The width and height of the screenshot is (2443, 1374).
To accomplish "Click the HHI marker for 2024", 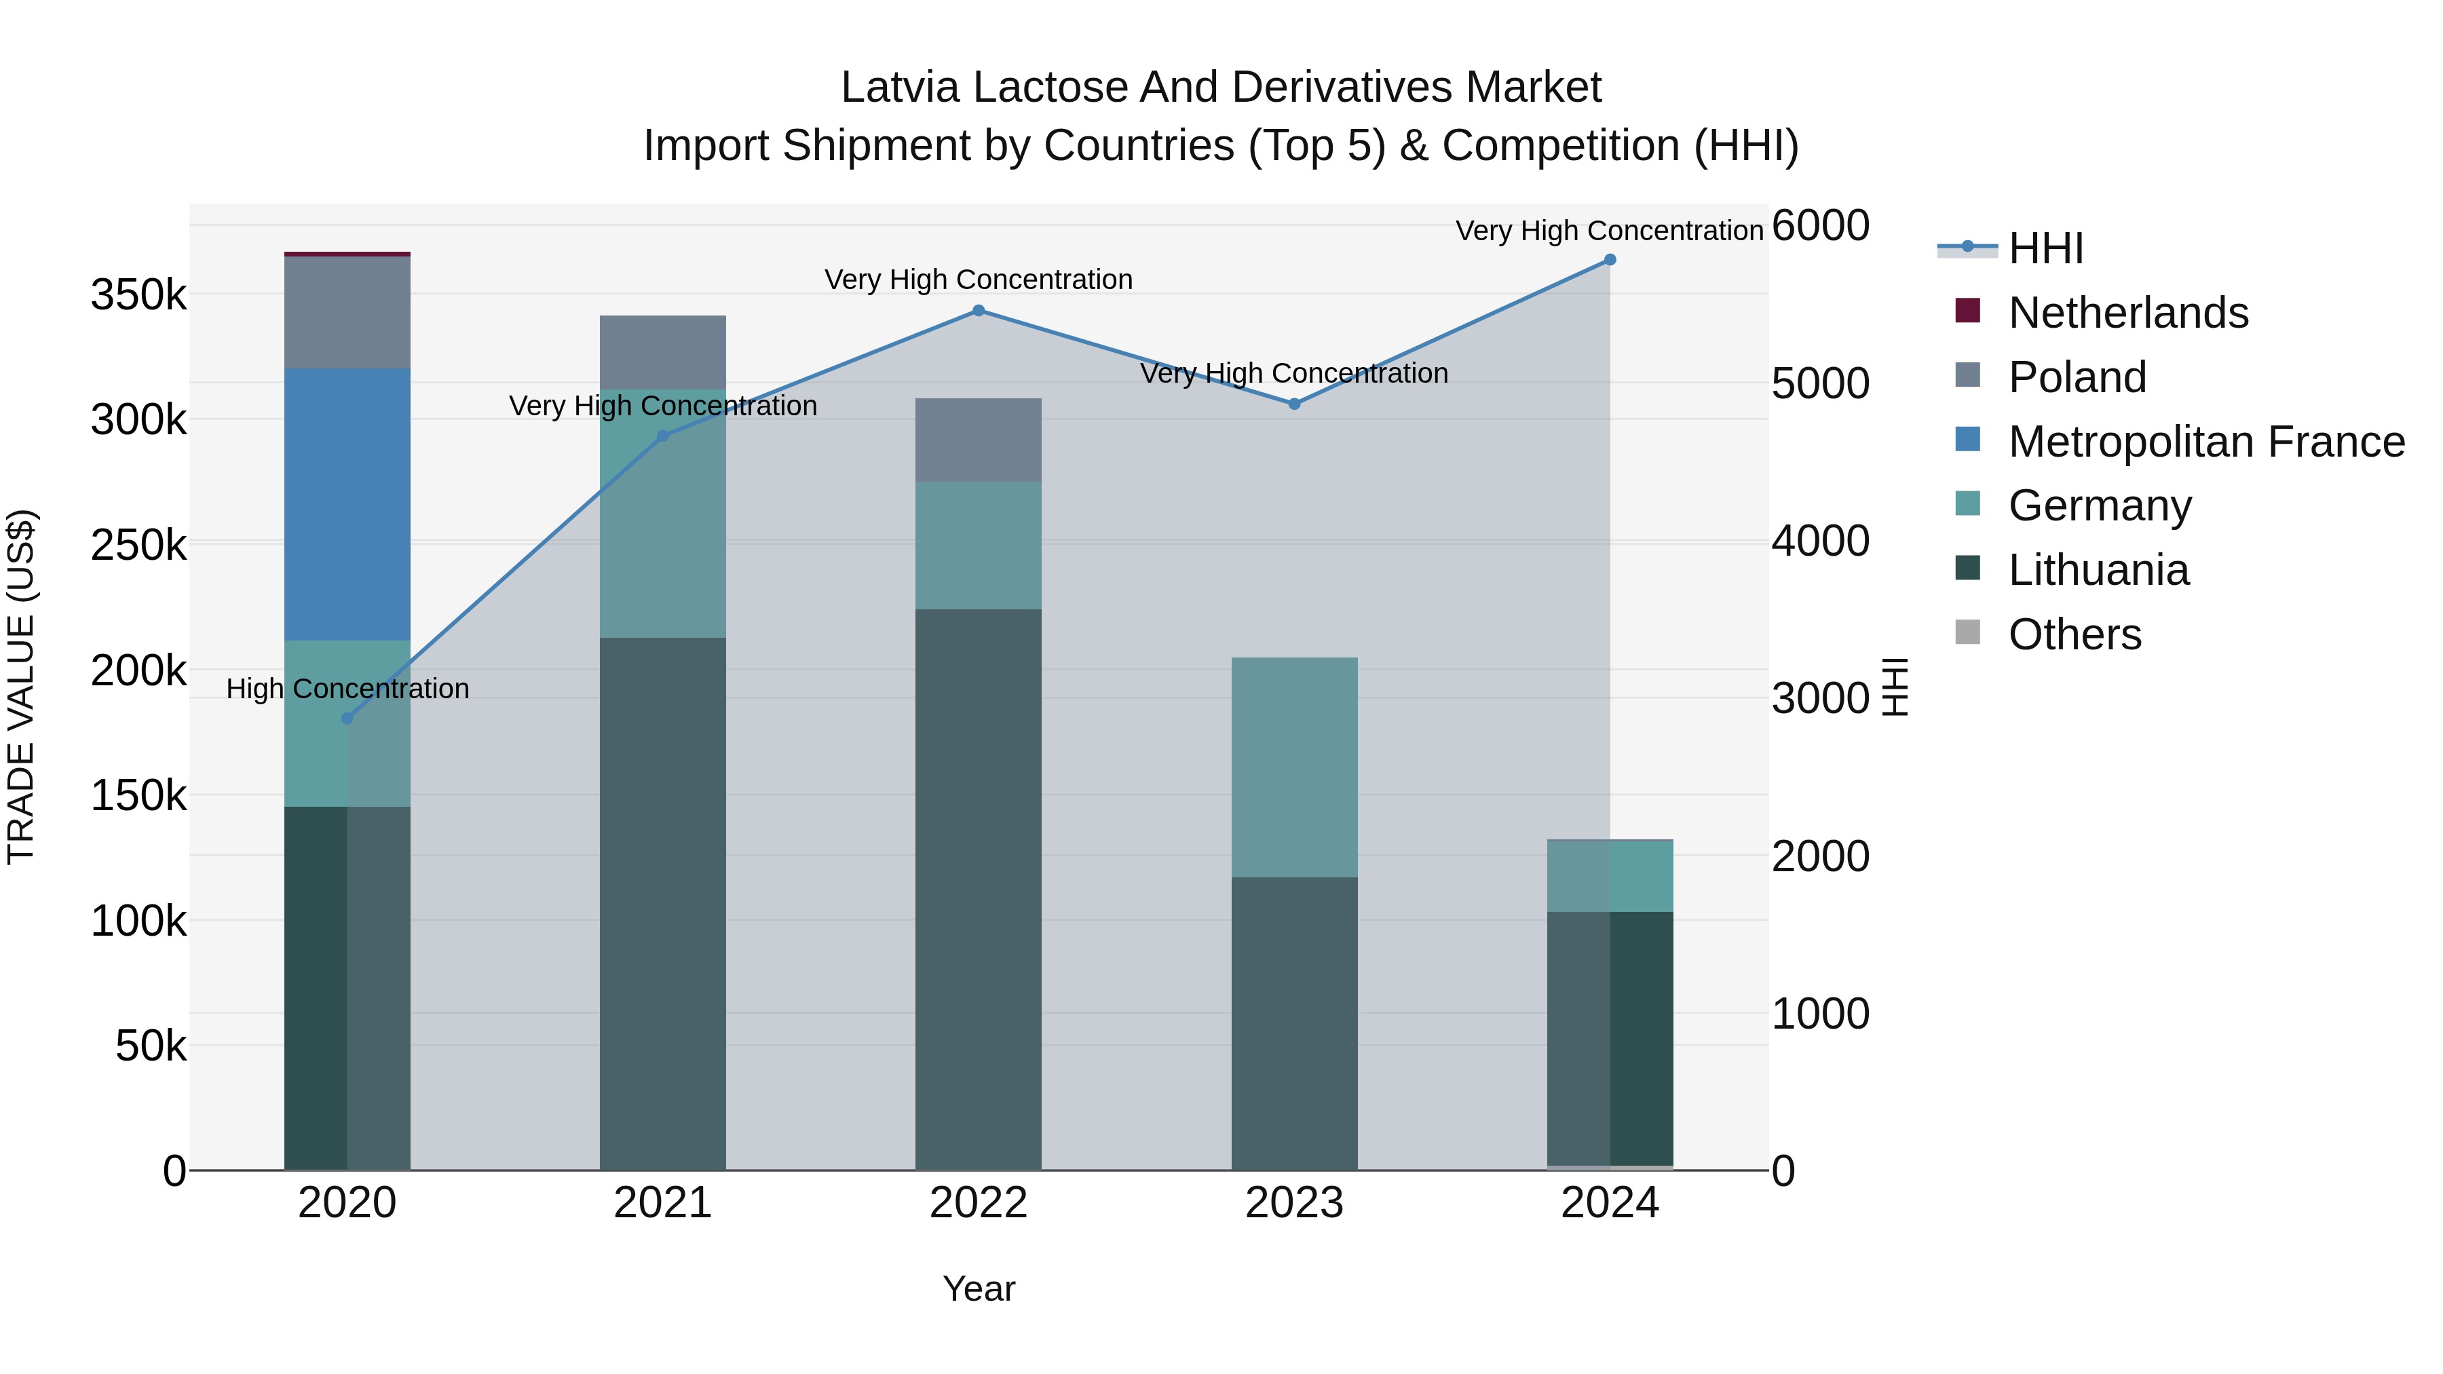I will [x=1610, y=260].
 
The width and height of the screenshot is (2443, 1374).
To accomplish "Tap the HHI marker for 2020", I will [x=347, y=719].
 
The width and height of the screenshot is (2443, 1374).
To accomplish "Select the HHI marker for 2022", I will [x=979, y=310].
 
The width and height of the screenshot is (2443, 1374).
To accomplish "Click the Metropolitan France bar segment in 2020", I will [x=347, y=504].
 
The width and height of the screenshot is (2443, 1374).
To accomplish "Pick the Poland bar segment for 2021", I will [x=663, y=351].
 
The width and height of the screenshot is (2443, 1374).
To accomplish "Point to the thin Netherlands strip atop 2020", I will [x=347, y=254].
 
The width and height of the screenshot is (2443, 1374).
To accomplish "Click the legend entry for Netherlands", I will [x=2127, y=313].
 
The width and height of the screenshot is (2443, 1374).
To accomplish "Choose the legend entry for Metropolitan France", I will [x=2206, y=442].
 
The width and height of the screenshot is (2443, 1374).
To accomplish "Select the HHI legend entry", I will [x=2045, y=248].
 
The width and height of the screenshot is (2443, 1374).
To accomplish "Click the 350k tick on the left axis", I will [x=138, y=295].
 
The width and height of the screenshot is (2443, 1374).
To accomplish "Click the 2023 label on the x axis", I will [x=1293, y=1203].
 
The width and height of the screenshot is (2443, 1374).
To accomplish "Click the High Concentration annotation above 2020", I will [x=347, y=689].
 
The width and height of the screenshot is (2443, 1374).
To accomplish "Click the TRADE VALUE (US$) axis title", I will [x=21, y=687].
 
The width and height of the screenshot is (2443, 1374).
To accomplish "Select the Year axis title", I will [x=979, y=1289].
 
